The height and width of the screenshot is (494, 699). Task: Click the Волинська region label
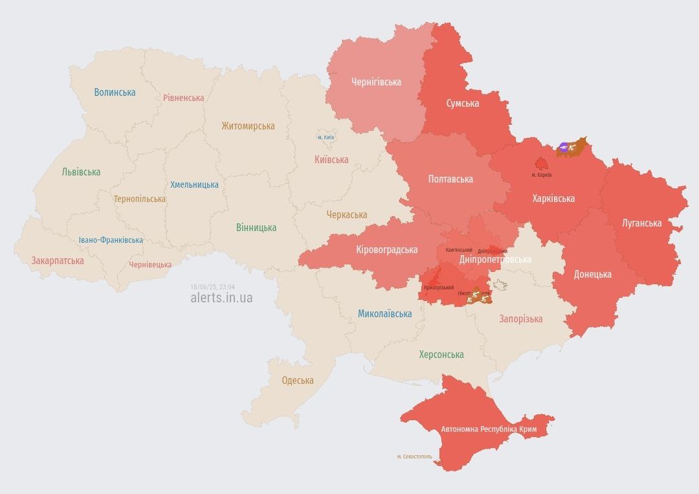pyautogui.click(x=115, y=92)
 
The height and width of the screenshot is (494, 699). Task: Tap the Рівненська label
pyautogui.click(x=183, y=98)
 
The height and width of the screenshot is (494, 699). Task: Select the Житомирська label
pyautogui.click(x=248, y=126)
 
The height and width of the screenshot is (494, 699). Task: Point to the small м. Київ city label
pyautogui.click(x=326, y=137)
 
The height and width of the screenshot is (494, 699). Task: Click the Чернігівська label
pyautogui.click(x=376, y=82)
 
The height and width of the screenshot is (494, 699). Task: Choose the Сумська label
pyautogui.click(x=463, y=103)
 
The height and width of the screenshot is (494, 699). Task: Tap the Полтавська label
pyautogui.click(x=450, y=179)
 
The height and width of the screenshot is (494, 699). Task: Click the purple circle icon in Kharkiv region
pyautogui.click(x=564, y=148)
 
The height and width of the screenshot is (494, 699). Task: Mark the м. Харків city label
pyautogui.click(x=541, y=175)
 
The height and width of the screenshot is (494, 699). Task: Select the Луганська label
pyautogui.click(x=641, y=223)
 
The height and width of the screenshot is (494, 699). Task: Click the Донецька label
pyautogui.click(x=592, y=274)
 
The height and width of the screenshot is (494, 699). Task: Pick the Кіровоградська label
pyautogui.click(x=386, y=249)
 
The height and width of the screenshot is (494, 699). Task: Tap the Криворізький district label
pyautogui.click(x=438, y=287)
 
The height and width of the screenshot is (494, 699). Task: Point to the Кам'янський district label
pyautogui.click(x=459, y=249)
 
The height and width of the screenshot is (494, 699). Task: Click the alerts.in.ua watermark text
pyautogui.click(x=221, y=298)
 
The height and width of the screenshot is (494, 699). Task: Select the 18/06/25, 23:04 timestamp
pyautogui.click(x=212, y=287)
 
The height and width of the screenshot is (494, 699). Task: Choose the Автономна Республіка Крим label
pyautogui.click(x=489, y=429)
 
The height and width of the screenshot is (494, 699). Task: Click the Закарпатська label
pyautogui.click(x=58, y=260)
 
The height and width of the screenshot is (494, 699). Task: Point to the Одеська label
pyautogui.click(x=298, y=380)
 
